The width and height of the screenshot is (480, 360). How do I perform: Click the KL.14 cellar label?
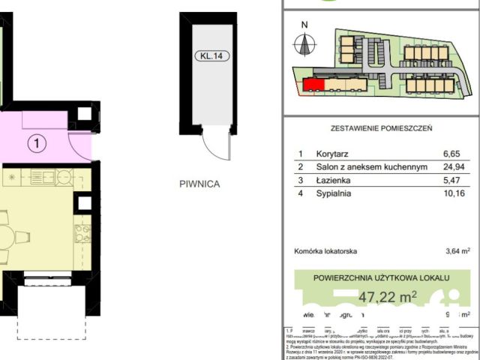pos(208,54)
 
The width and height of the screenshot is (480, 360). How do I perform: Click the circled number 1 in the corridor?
pos(34,140)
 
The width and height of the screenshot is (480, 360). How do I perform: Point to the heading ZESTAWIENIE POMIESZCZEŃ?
pos(381,128)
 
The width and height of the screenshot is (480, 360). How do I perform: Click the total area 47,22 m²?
pos(387,297)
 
